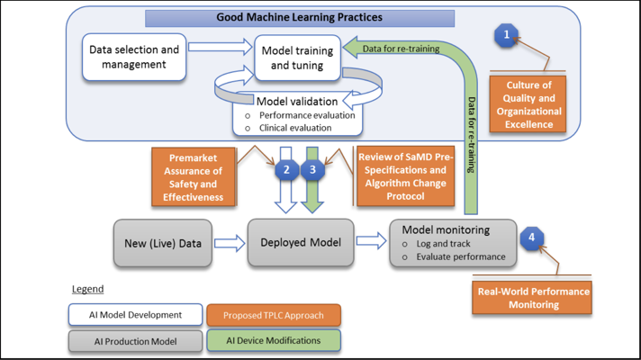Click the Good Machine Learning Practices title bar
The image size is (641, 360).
click(300, 17)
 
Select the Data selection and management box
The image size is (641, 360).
click(134, 57)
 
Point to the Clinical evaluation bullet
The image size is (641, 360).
click(295, 128)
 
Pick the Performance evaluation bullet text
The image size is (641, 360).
click(306, 115)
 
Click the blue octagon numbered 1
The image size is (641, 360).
click(507, 35)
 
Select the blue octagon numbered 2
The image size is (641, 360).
click(287, 168)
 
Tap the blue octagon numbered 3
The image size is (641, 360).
click(311, 168)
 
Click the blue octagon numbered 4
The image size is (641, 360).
click(531, 238)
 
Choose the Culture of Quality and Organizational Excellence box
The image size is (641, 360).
click(528, 105)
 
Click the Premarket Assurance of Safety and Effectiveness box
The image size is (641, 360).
click(195, 177)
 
